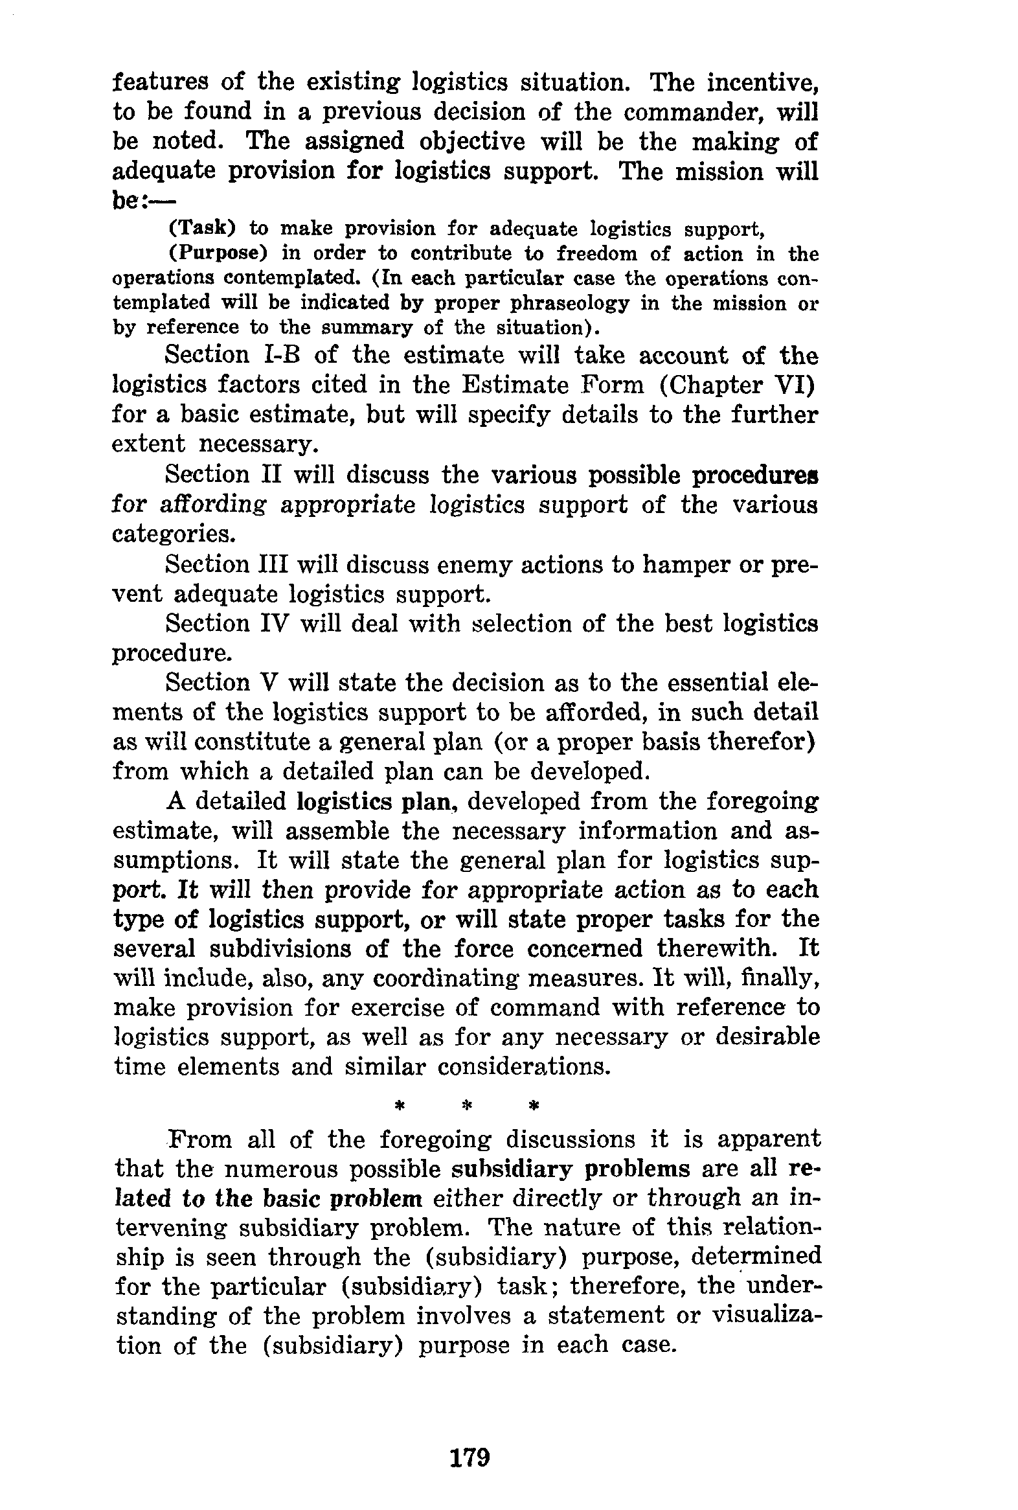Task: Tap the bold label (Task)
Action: [x=202, y=229]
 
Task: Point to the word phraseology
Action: [x=570, y=303]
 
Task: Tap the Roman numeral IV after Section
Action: [x=272, y=623]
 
